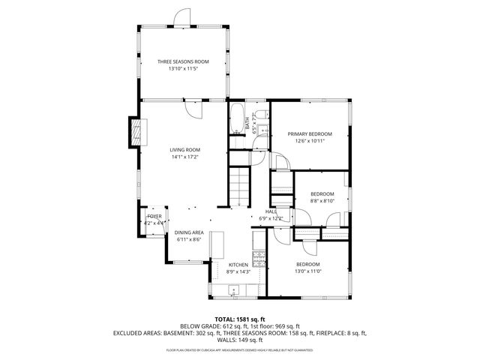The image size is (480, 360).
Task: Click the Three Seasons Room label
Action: click(182, 61)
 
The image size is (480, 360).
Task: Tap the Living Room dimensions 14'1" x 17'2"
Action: click(185, 157)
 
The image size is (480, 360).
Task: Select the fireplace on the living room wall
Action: click(136, 133)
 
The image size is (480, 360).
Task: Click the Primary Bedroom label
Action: click(310, 133)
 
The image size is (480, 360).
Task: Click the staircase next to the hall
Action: click(238, 187)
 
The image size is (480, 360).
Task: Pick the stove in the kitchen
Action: click(259, 259)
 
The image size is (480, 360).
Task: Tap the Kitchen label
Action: click(238, 265)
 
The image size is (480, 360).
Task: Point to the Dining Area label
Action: click(189, 232)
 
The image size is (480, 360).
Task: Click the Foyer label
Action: click(154, 216)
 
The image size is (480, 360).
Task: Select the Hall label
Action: click(271, 211)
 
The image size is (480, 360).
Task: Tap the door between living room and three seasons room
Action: click(194, 107)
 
